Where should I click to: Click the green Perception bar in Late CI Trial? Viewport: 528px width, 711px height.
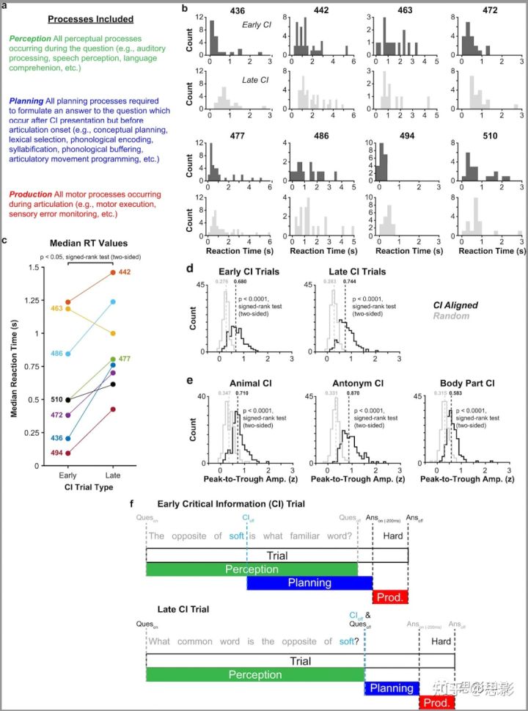click(x=254, y=675)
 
